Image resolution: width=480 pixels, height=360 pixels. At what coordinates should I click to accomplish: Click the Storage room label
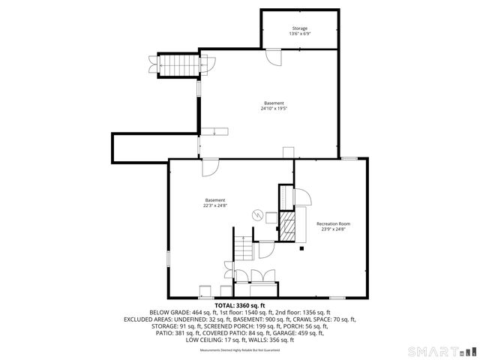coord(299,28)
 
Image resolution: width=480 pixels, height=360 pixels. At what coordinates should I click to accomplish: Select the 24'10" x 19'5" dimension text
coord(274,109)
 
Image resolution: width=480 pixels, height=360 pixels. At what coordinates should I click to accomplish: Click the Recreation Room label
coord(333,223)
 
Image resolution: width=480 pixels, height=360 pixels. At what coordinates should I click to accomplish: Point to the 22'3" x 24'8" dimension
coord(214,205)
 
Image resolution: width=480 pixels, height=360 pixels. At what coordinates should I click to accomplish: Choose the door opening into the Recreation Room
coord(303,198)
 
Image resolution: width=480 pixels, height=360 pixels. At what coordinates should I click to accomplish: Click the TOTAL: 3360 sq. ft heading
coord(240,305)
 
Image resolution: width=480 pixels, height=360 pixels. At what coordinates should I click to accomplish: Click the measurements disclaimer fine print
coord(239,350)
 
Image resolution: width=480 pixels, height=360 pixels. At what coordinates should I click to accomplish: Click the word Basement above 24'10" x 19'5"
coord(274,103)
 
